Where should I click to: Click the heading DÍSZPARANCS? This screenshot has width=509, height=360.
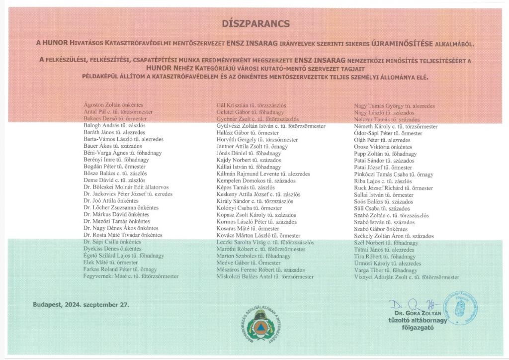coord(255,23)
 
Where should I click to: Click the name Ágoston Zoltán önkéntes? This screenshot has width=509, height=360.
coord(114,105)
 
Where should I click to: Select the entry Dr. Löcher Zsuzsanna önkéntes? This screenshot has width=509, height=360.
coord(121,207)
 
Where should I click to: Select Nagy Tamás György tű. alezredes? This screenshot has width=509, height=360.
coord(394,106)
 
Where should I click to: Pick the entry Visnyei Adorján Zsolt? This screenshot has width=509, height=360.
coord(406,277)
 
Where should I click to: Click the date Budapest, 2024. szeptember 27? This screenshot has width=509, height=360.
coord(81,304)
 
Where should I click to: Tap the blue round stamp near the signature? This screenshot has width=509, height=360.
coord(460,308)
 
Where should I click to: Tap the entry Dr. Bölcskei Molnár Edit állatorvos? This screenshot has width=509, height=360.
coord(126,187)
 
